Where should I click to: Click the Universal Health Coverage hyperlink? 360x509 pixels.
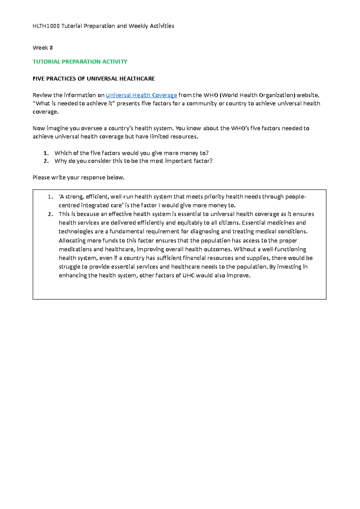tap(141, 95)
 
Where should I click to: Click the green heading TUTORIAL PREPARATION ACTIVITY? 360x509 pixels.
tap(80, 62)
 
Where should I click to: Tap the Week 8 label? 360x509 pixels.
tap(43, 48)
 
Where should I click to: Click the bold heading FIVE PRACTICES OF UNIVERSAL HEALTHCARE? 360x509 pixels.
tap(94, 79)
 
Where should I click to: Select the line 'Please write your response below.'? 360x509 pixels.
tap(78, 177)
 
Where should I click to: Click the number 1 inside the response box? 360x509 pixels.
tap(50, 197)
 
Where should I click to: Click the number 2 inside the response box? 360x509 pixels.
tap(50, 214)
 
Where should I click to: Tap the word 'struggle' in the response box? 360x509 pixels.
tap(69, 267)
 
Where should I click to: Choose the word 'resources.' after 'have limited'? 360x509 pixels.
tap(184, 137)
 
